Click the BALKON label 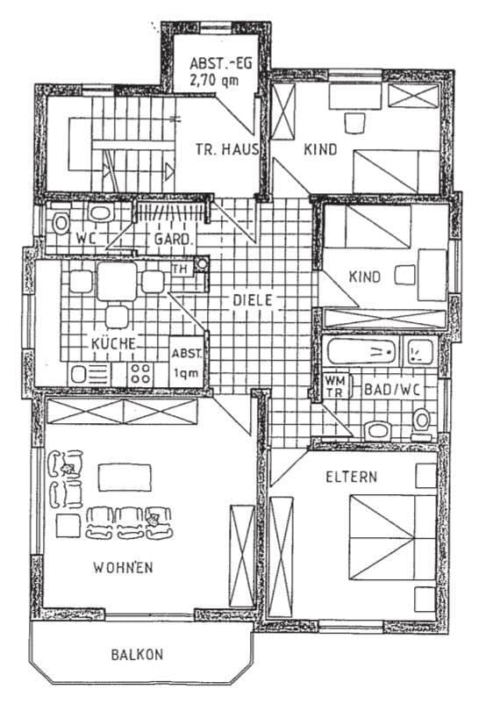tap(138, 654)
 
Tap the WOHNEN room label tap(123, 567)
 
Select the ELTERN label tap(351, 478)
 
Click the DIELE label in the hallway tap(254, 299)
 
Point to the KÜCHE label tap(113, 343)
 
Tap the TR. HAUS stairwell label tap(226, 150)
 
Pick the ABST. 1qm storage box tap(187, 363)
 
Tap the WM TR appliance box tap(334, 386)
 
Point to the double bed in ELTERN tap(391, 538)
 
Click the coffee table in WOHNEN tap(122, 477)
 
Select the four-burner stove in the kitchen tap(140, 373)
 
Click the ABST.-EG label tap(215, 63)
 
